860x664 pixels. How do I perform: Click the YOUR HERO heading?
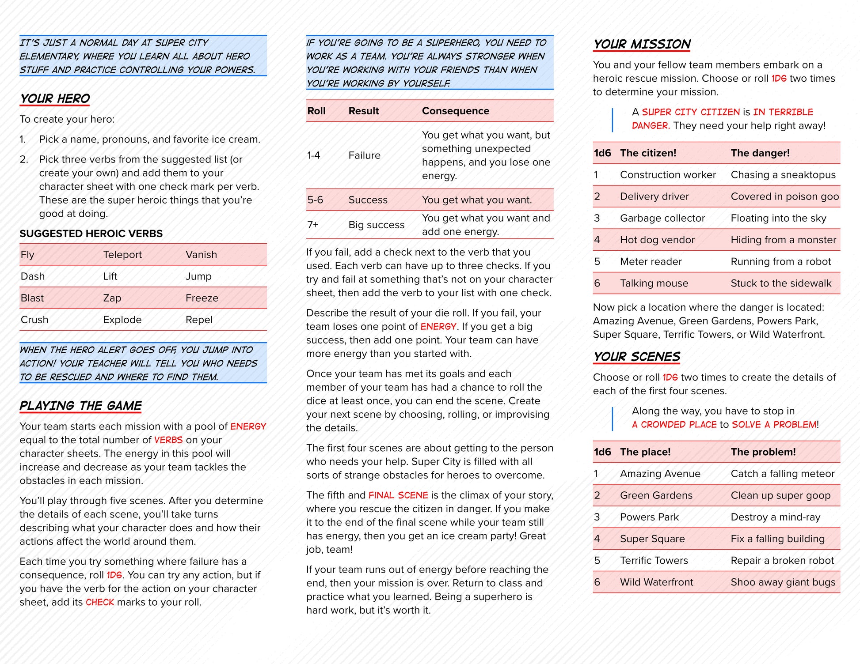coord(55,98)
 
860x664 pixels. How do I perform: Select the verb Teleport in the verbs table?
coord(122,255)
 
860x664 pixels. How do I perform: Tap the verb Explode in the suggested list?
coord(122,320)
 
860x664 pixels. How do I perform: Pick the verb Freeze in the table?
coord(202,298)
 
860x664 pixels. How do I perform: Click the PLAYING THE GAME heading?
coord(80,406)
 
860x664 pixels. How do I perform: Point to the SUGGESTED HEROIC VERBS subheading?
coord(91,234)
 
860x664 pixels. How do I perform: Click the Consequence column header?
coord(455,111)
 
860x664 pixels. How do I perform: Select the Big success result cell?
coord(376,225)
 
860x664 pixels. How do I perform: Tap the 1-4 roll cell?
coord(313,155)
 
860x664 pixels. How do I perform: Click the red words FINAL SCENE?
coord(398,495)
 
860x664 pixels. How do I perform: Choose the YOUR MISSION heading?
coord(642,44)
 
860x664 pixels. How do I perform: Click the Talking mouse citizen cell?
coord(654,283)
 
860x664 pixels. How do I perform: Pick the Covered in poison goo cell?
coord(784,196)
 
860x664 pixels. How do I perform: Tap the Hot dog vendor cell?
coord(657,240)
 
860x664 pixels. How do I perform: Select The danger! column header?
coord(760,153)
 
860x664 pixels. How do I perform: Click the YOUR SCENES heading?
coord(636,357)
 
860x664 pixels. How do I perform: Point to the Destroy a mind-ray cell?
coord(775,517)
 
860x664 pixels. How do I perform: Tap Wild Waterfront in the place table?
coord(656,582)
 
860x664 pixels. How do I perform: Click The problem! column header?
coord(763,452)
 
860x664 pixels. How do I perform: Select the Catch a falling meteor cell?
coord(782,474)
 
